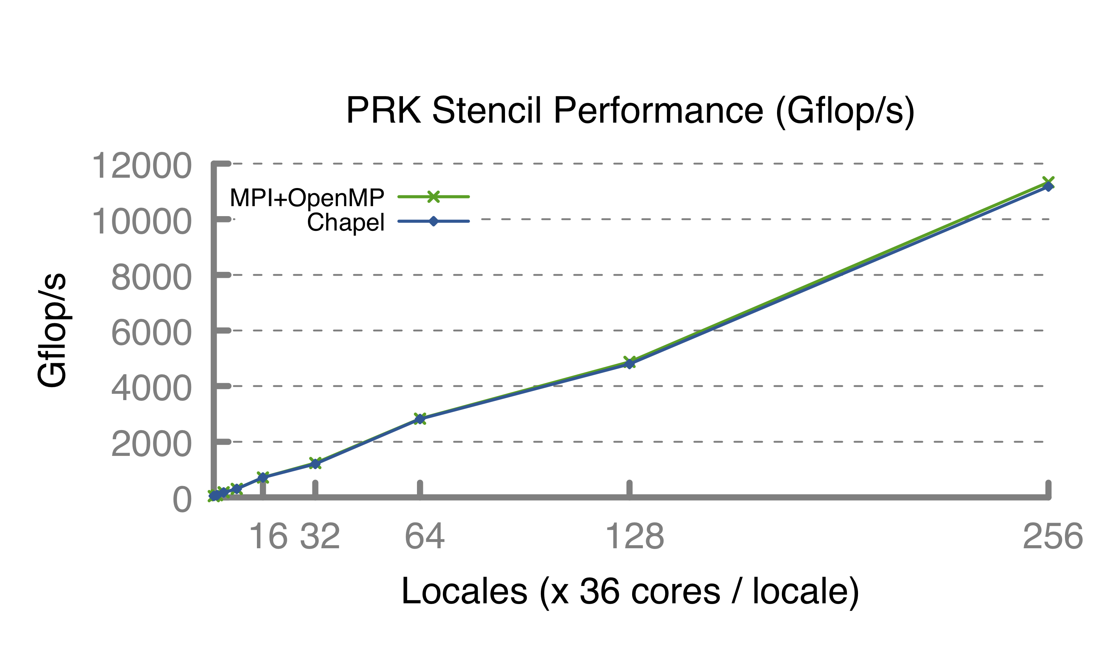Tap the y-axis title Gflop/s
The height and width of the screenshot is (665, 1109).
tap(52, 330)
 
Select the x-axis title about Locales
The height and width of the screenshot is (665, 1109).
tap(630, 591)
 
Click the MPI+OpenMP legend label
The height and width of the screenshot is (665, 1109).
tap(307, 197)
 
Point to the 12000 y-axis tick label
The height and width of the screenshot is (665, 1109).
tap(142, 166)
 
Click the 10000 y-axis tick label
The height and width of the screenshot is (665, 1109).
tap(142, 222)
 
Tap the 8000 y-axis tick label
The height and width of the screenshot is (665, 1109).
tap(152, 277)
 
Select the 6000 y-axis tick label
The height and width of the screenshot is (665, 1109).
tap(152, 333)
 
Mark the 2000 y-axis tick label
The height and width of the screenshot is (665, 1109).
tap(152, 444)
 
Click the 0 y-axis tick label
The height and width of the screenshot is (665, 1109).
tap(182, 499)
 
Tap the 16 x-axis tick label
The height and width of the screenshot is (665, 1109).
tap(268, 536)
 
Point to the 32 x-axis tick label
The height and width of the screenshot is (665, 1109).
tap(320, 536)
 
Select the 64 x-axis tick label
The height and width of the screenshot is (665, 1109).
tap(424, 536)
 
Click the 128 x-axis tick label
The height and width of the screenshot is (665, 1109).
tap(634, 536)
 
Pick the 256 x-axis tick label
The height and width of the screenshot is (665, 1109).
tap(1052, 536)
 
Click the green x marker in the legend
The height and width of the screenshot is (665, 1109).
tap(433, 197)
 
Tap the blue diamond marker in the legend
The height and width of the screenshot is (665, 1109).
tap(433, 221)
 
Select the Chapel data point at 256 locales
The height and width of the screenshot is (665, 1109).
tap(1048, 187)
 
